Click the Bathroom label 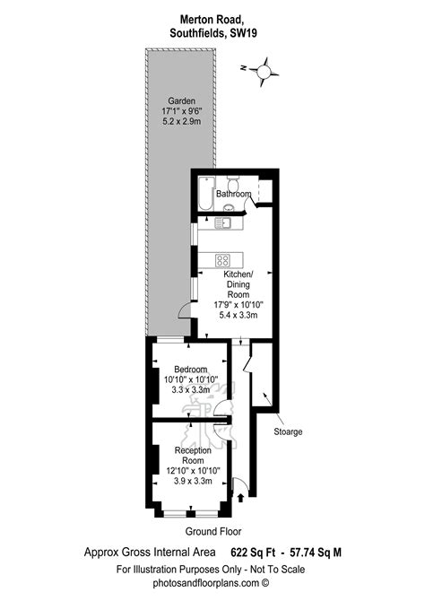(232, 193)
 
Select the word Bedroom (191, 370)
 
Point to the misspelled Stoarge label (288, 431)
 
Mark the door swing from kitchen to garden (183, 309)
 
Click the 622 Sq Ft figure (256, 553)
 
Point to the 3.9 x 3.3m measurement (192, 481)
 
